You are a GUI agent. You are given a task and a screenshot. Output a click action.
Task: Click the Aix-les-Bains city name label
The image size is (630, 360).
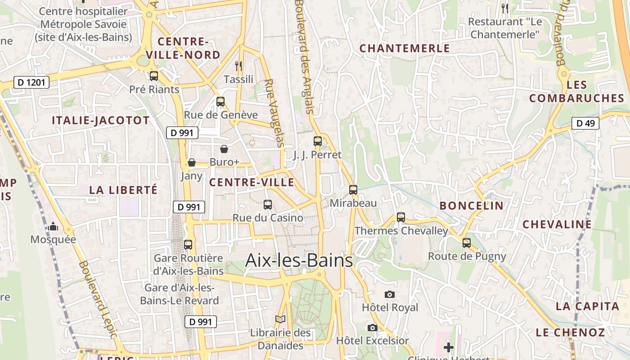[299, 261]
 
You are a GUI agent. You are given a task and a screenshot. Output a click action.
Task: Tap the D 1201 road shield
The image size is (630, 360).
[31, 82]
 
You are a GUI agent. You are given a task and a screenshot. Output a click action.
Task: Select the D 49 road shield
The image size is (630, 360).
[585, 123]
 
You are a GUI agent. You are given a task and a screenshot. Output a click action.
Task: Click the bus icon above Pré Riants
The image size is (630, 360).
[154, 76]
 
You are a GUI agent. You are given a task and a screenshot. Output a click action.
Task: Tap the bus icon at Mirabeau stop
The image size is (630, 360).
[353, 189]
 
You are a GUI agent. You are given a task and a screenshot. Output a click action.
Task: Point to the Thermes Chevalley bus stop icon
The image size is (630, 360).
[400, 217]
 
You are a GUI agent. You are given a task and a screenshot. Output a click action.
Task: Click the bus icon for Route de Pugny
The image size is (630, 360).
[467, 243]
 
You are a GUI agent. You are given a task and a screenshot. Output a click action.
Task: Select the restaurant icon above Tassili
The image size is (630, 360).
[238, 66]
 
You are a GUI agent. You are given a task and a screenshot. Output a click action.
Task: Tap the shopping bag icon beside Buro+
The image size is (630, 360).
[224, 149]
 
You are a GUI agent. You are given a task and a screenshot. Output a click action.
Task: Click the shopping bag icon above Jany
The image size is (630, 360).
[192, 162]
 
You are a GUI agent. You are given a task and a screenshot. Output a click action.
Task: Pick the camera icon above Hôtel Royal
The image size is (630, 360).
[390, 294]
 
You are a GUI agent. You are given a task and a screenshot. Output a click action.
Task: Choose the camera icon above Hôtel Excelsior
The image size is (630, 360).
[372, 328]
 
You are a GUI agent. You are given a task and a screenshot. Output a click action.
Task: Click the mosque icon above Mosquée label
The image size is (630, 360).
[53, 226]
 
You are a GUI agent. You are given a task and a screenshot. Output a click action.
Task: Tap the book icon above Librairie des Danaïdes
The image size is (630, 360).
[280, 319]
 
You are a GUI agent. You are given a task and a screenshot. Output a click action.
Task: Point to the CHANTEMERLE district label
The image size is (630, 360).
[405, 48]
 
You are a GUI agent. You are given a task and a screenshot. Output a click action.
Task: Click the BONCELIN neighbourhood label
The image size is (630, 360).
[472, 206]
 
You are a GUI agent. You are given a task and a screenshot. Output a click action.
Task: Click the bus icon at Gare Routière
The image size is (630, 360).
[188, 245]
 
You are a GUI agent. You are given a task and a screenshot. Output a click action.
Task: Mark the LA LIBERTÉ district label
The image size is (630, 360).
[123, 189]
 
